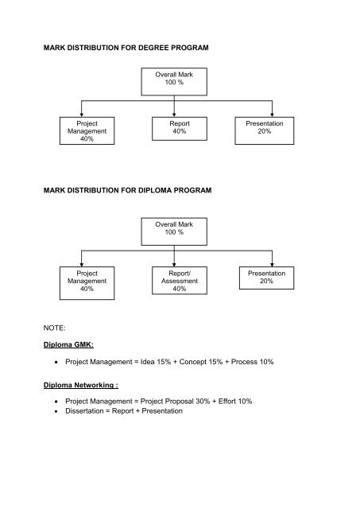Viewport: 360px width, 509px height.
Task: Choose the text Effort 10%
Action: (235, 402)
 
